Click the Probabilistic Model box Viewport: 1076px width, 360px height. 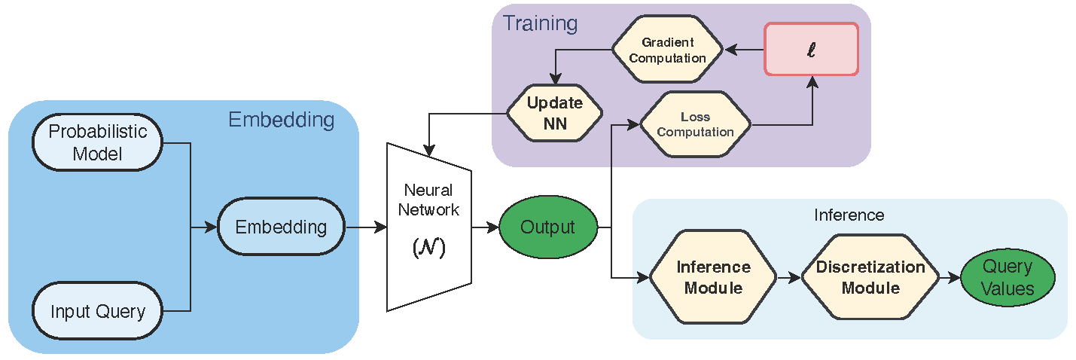click(97, 142)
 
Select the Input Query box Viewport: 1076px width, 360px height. click(97, 310)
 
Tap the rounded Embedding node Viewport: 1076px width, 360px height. click(281, 227)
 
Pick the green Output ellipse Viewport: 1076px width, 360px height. click(548, 227)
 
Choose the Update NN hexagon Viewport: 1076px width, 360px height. click(554, 113)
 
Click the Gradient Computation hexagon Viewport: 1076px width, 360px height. click(668, 50)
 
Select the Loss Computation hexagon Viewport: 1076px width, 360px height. click(695, 124)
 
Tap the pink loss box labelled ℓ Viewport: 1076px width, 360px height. click(812, 49)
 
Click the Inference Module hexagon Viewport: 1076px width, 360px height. click(712, 277)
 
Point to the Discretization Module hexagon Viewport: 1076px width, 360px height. click(870, 277)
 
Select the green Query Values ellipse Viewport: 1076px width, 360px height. click(1007, 278)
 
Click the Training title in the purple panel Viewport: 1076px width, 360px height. click(540, 23)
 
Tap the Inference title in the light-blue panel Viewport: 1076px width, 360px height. click(849, 215)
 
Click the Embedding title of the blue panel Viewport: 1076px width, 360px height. click(280, 120)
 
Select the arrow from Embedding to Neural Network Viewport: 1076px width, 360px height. click(365, 227)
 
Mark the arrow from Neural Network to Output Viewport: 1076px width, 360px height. click(486, 227)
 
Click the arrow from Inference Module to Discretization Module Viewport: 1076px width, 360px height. click(788, 278)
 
